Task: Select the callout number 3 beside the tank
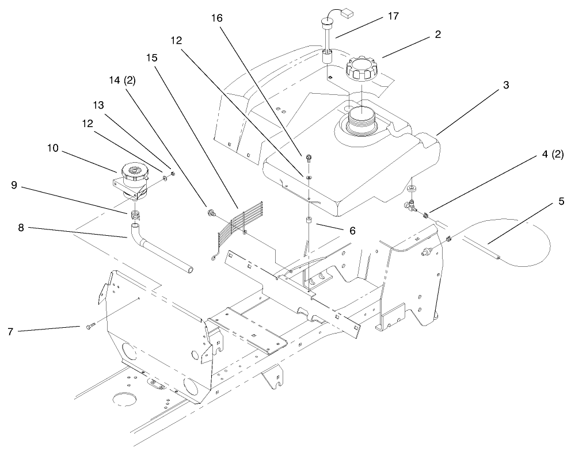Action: (x=505, y=85)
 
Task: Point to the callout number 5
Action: (x=545, y=202)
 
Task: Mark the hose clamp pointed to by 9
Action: (x=136, y=215)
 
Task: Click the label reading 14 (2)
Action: (x=121, y=81)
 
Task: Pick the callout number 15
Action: (x=153, y=58)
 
